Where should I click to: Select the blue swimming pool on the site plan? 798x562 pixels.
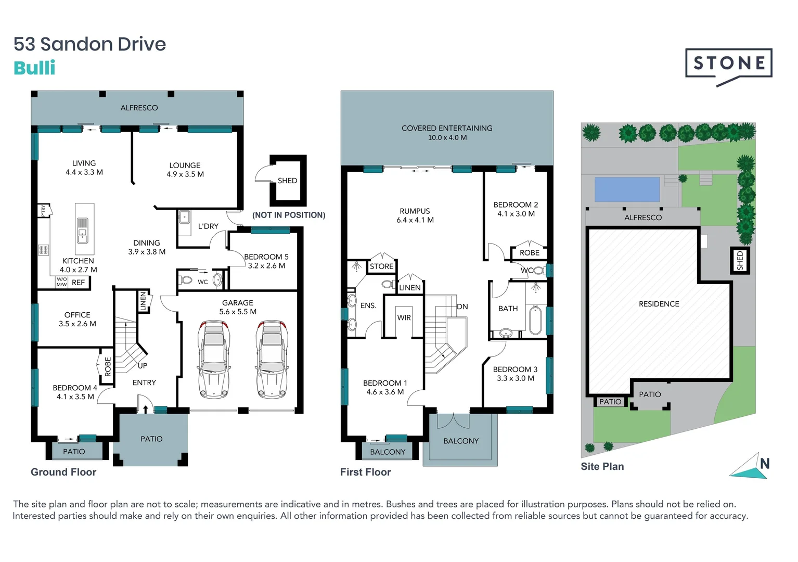[x=627, y=189]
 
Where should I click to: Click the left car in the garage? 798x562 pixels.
[x=214, y=359]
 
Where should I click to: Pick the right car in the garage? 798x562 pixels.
[x=272, y=359]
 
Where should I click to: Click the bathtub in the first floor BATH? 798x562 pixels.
[x=535, y=321]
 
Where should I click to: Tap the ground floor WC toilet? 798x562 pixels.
[x=186, y=280]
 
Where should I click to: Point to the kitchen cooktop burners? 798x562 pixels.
[x=44, y=250]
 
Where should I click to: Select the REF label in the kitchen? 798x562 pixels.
[x=79, y=283]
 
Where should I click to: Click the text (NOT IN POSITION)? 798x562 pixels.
[x=289, y=215]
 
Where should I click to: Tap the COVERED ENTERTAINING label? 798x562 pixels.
[x=447, y=128]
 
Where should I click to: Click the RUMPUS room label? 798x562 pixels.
[x=415, y=211]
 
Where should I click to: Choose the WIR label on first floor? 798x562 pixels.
[x=404, y=317]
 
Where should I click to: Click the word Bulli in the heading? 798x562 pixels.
[x=34, y=68]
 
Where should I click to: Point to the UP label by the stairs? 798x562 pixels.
[x=143, y=366]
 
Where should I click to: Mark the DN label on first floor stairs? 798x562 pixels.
[x=462, y=306]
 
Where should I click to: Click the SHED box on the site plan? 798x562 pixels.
[x=740, y=260]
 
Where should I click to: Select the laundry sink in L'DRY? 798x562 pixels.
[x=184, y=216]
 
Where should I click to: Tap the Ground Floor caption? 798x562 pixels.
[x=63, y=472]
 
